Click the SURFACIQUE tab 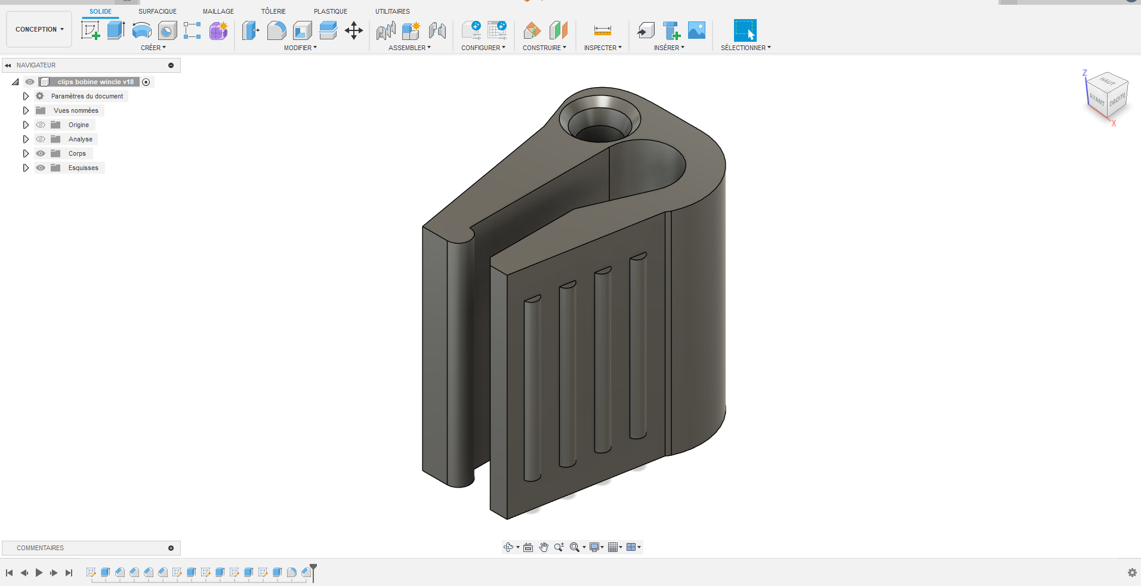[x=157, y=11]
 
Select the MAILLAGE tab [x=218, y=11]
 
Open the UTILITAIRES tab [x=392, y=11]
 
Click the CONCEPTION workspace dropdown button [x=39, y=29]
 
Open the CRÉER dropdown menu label [x=153, y=48]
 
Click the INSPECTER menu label [x=602, y=48]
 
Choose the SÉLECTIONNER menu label [x=745, y=48]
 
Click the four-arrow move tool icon [x=354, y=30]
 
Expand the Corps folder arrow [x=26, y=153]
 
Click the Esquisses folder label [x=83, y=168]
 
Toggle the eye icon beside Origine [x=41, y=125]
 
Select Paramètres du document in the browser [x=87, y=96]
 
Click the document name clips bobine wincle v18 [x=95, y=82]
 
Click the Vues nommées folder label [x=76, y=110]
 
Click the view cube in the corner [x=1107, y=95]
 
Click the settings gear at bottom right [x=1131, y=572]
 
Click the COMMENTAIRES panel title [x=40, y=548]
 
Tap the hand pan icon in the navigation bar [x=544, y=547]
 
